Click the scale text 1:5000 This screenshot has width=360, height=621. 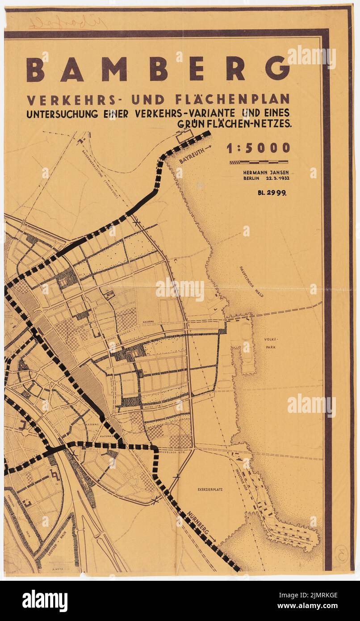point(258,148)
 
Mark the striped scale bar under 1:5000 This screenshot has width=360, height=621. point(259,162)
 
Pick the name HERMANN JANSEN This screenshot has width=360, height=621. point(265,172)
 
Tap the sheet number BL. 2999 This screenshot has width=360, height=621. point(272,193)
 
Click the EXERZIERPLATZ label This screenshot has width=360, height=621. point(210,490)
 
